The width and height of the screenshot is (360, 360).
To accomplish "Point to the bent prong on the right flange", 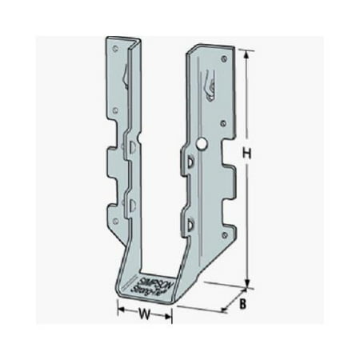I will click(x=209, y=83).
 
